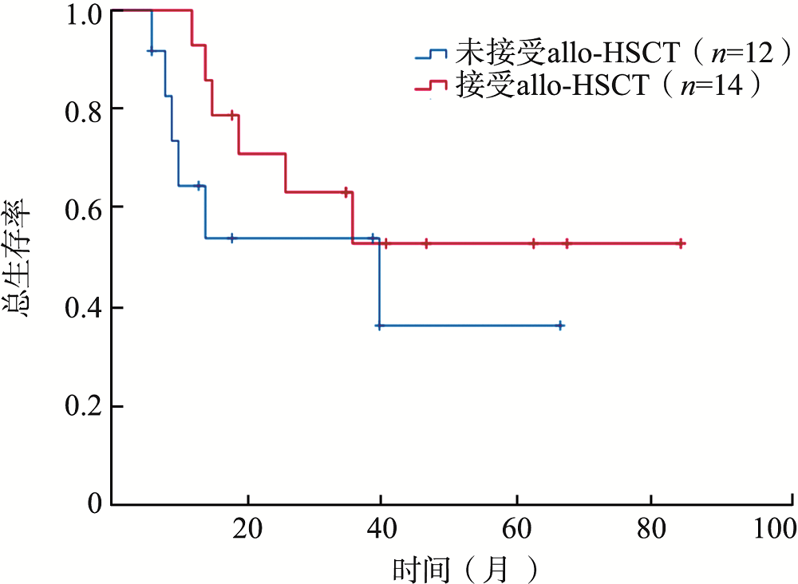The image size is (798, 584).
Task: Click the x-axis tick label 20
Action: (x=247, y=527)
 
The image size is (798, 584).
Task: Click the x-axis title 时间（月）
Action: (x=464, y=567)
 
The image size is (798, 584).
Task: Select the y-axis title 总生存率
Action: (x=22, y=259)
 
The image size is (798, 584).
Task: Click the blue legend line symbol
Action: (x=431, y=54)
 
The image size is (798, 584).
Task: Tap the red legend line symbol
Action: (x=431, y=85)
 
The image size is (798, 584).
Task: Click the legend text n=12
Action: (x=737, y=54)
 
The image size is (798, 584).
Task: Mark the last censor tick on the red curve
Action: (x=680, y=243)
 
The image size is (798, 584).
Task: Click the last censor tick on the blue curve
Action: (x=560, y=326)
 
